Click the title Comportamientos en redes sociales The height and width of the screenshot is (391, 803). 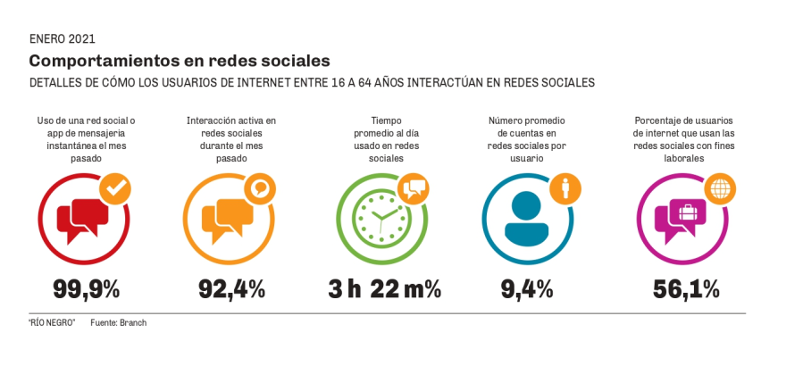(180, 61)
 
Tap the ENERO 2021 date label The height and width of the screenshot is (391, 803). (62, 38)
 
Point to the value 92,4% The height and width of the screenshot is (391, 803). (231, 289)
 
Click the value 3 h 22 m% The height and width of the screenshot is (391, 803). (384, 289)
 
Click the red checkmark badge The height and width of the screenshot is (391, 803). (114, 188)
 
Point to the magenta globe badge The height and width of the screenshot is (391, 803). (717, 188)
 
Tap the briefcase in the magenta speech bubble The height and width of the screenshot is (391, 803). (688, 213)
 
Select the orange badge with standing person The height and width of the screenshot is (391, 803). (565, 188)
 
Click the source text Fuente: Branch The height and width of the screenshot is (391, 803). (118, 323)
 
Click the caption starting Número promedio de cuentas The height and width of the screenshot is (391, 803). (527, 138)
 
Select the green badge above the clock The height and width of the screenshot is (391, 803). (413, 188)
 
